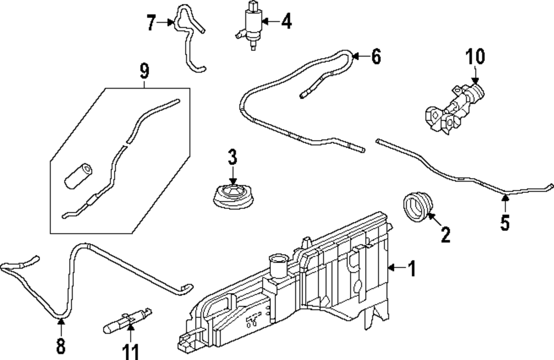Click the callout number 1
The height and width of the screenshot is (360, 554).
point(411,269)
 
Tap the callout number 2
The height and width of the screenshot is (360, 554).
point(445,235)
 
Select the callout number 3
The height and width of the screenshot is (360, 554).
point(232,157)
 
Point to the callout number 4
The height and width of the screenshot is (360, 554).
point(285,22)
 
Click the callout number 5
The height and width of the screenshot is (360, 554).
point(505,222)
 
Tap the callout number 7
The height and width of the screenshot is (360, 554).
point(151,23)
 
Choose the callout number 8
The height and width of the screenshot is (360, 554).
point(60,346)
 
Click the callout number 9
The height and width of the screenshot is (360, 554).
point(144,70)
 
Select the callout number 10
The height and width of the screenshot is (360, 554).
point(475,56)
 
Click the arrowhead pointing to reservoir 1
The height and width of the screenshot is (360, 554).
point(391,269)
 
